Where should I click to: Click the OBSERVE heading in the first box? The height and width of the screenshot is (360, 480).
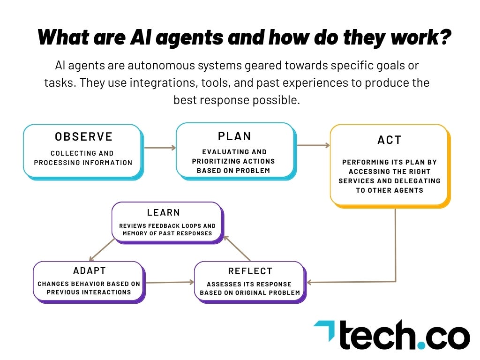coord(84,136)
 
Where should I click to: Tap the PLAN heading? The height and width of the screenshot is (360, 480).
coord(235,136)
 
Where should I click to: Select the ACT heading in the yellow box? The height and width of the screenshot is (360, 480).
coord(390,140)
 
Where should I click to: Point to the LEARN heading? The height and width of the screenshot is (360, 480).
coord(164,213)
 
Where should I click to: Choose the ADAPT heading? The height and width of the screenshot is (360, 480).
coord(90,271)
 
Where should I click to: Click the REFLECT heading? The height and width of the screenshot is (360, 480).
coord(250,271)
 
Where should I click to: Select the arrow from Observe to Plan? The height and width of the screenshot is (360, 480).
coord(159,148)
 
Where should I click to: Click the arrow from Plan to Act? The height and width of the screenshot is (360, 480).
coord(313,145)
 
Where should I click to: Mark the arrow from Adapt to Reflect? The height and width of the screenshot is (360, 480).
coord(169,282)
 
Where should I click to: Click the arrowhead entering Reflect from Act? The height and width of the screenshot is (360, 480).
coord(310,282)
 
